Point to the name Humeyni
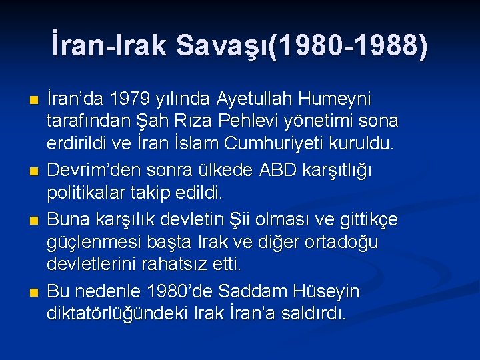point(335,99)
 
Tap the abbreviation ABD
point(271,171)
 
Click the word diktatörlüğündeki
point(116,313)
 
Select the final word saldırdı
point(315,313)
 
